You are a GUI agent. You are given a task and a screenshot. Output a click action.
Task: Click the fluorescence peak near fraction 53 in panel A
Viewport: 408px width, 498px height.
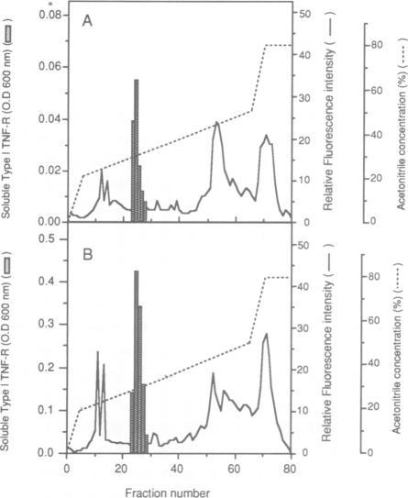(217, 122)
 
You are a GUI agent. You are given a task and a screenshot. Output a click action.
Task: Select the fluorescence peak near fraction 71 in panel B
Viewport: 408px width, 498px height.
(266, 335)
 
